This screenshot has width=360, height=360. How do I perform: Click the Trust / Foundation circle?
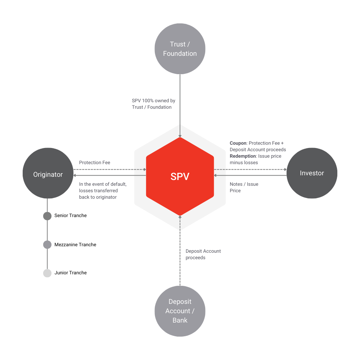(x=180, y=49)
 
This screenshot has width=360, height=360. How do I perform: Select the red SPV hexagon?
(x=180, y=176)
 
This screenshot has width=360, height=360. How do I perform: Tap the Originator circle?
(x=48, y=175)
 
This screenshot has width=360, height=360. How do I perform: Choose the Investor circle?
(x=312, y=173)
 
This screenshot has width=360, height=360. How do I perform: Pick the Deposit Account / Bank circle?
(x=180, y=311)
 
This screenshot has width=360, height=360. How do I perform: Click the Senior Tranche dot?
(x=47, y=216)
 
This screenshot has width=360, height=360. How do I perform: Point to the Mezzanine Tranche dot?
(x=47, y=245)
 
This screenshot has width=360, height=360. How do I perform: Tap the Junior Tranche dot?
(x=47, y=273)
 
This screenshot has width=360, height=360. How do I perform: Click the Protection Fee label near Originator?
(x=95, y=163)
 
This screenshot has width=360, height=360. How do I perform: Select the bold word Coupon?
(x=238, y=143)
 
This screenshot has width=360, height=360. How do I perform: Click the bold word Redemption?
(x=243, y=156)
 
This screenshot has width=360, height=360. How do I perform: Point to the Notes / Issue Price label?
(x=244, y=187)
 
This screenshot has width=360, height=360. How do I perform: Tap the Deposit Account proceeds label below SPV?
(x=203, y=254)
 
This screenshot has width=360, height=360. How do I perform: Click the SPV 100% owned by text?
(x=153, y=101)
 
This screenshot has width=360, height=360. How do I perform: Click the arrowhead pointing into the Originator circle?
(x=75, y=176)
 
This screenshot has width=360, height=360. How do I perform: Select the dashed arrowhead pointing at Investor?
(x=285, y=169)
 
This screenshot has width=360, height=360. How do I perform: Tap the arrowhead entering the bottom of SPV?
(x=180, y=217)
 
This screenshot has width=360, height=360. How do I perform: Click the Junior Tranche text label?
(x=71, y=273)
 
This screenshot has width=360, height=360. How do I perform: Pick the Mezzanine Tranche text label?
(x=75, y=245)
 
